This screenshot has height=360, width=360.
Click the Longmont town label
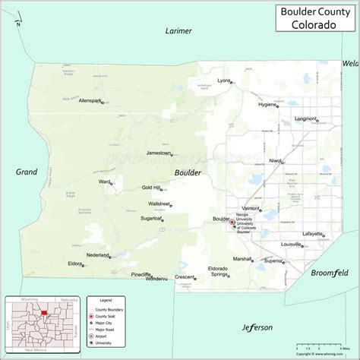coord(305,118)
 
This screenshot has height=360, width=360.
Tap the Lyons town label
coord(223,80)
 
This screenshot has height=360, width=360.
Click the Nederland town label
coord(97,254)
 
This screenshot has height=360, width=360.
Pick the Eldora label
coord(74,264)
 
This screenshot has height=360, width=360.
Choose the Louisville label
coord(290,245)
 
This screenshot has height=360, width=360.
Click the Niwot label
coord(275,160)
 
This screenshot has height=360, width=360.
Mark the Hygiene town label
coord(267,106)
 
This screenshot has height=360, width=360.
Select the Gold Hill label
coord(151,187)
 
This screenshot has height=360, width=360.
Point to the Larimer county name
coord(179,31)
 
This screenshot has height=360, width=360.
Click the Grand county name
coord(26,172)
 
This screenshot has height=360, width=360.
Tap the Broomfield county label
coord(330,271)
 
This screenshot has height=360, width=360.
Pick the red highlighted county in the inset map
coord(45,311)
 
